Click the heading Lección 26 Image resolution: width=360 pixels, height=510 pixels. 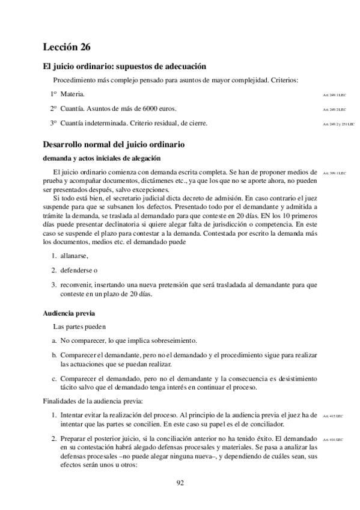[x=67, y=47]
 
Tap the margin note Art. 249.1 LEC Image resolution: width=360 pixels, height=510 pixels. [x=335, y=95]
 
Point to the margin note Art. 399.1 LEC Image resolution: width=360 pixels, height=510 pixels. [x=335, y=173]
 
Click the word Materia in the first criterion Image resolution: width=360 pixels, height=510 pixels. [x=72, y=94]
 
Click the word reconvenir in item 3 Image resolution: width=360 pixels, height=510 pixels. [x=76, y=284]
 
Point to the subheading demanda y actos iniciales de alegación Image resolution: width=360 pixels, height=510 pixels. [x=102, y=159]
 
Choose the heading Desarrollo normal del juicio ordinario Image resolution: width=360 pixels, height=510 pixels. [x=114, y=145]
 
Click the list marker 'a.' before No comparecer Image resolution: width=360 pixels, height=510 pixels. [x=54, y=341]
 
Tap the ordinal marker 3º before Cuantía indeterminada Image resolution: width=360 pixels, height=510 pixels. [x=53, y=123]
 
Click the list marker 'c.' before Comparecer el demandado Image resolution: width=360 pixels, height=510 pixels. [x=54, y=378]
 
